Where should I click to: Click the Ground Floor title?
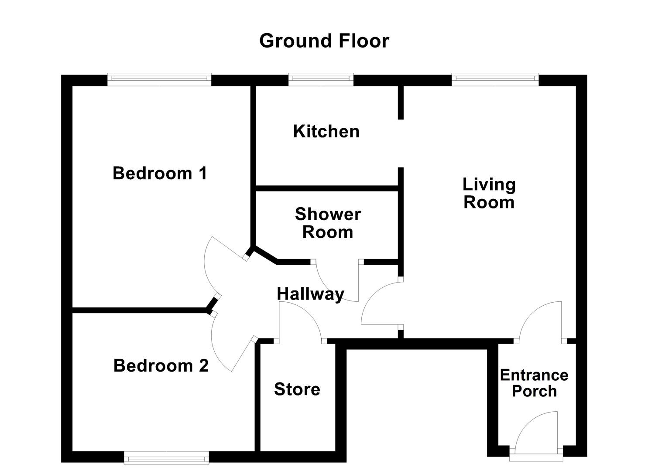(324, 41)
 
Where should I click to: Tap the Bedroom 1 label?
(160, 173)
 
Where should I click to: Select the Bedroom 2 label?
(161, 365)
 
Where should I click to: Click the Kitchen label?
(326, 131)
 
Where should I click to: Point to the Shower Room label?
(328, 223)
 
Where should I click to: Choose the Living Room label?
(489, 193)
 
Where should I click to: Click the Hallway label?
(310, 294)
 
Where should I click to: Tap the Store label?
(297, 389)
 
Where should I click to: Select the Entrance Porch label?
(534, 383)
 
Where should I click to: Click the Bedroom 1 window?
(159, 78)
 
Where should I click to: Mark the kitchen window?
(321, 78)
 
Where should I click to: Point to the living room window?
(495, 78)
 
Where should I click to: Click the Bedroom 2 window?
(166, 457)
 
